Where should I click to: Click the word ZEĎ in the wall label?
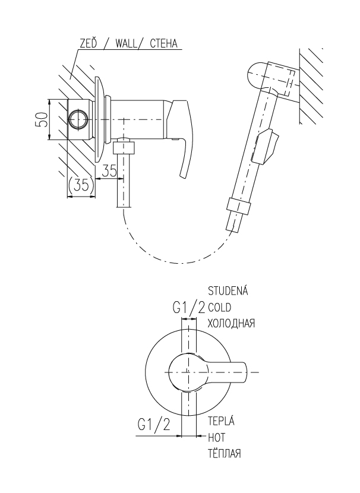[88, 42]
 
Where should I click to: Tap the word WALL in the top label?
[127, 42]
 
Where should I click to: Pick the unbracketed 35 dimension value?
[109, 170]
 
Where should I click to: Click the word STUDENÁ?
[228, 291]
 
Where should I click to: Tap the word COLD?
[221, 307]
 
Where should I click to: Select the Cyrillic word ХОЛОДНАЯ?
[231, 323]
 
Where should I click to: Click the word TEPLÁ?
[221, 421]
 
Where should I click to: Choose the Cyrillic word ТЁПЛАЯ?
[223, 453]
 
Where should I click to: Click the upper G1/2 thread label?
[188, 308]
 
